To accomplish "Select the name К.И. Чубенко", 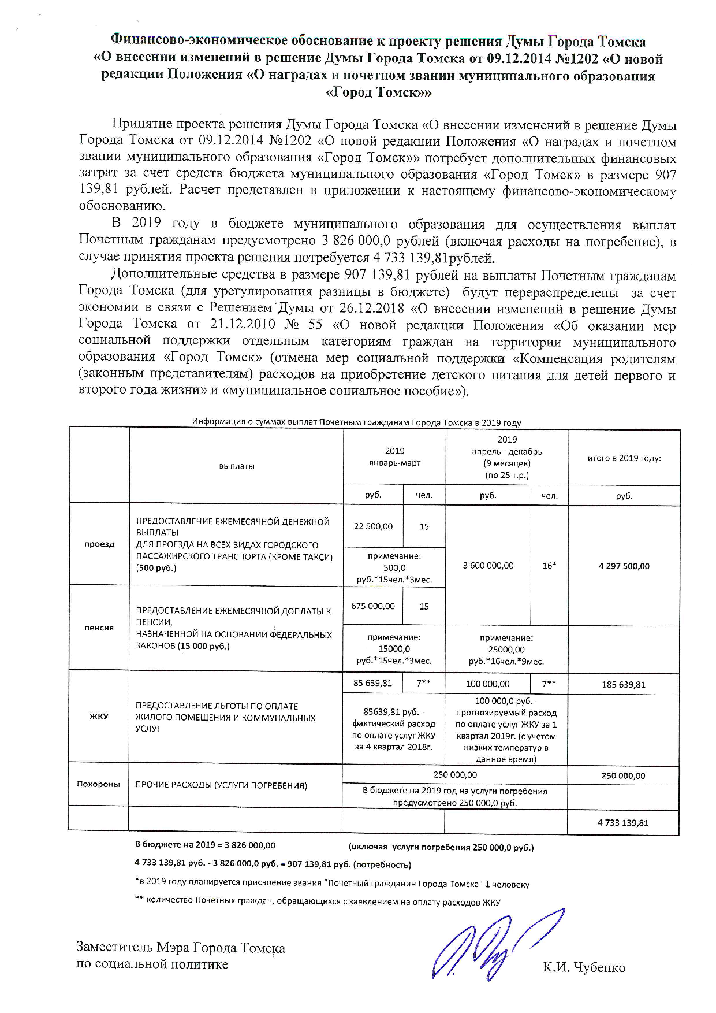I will coord(584,967).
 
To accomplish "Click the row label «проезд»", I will coord(99,544).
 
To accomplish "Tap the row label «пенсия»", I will coord(99,628).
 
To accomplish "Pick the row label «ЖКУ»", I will coord(99,717).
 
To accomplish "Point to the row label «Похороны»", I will coord(99,784).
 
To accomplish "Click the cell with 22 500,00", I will coord(373,526).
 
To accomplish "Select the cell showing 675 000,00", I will coord(373,606).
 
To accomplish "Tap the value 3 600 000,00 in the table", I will coord(488,566).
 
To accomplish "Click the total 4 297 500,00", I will coord(624,566).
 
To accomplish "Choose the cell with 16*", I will coord(549,566).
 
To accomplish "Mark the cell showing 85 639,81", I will coord(373,683).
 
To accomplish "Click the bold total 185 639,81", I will coord(624,685).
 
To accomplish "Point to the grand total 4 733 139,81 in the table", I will coord(624,822).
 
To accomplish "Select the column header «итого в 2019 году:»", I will coord(624,458).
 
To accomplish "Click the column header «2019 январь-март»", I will coord(395,457).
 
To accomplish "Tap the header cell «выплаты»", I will coord(237,466).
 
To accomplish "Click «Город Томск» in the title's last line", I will coord(379,92).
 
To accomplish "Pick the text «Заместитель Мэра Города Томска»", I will coord(181,948).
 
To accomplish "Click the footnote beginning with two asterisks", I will coord(317,901).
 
